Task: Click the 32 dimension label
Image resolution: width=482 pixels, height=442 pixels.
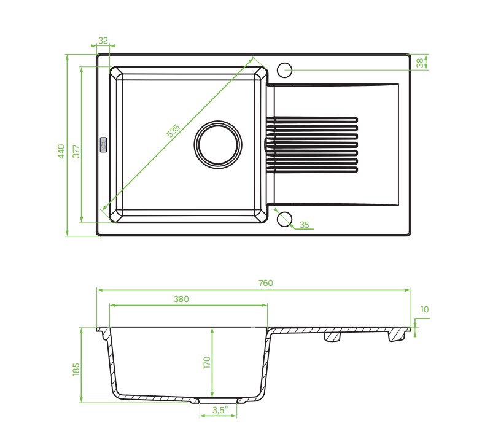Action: tap(103, 41)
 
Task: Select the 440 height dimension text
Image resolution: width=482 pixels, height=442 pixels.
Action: tap(61, 151)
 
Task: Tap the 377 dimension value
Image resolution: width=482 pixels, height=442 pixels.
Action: tap(76, 151)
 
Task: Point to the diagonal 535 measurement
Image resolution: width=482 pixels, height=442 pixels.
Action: tap(173, 131)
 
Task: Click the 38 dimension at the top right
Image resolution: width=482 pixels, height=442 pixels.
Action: tap(420, 63)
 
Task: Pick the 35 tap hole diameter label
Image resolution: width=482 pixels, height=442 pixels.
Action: tap(304, 225)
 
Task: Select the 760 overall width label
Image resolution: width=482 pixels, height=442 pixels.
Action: tap(266, 283)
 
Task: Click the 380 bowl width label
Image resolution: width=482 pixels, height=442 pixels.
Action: tap(181, 299)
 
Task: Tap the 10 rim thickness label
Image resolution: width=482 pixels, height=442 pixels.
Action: tap(424, 309)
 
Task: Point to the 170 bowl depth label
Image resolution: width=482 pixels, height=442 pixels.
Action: tap(206, 362)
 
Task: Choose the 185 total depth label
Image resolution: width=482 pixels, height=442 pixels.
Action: tap(76, 369)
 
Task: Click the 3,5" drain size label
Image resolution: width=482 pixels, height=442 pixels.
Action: tap(220, 410)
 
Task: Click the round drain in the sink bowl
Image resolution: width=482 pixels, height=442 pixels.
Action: tap(217, 144)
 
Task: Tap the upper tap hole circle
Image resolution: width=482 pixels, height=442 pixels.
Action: tap(284, 70)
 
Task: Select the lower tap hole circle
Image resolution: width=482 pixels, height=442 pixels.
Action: tap(284, 219)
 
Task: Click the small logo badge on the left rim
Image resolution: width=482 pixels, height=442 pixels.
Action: tap(103, 144)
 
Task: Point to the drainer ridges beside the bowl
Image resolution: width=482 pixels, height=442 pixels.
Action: tap(312, 144)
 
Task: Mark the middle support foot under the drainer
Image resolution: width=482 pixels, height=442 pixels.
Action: tap(333, 336)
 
